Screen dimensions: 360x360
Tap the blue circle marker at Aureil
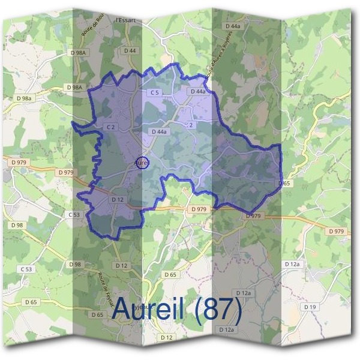coord(142,162)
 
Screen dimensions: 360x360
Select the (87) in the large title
coord(222,310)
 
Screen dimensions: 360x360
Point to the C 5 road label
coord(155,92)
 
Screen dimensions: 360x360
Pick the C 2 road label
coord(110,127)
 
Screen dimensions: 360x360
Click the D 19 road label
coord(310,307)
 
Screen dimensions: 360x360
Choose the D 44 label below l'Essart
coord(130,51)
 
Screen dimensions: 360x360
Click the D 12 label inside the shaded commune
coord(117,199)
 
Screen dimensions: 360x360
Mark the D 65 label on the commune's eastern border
coord(284,183)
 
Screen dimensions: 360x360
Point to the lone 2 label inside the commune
coord(191,125)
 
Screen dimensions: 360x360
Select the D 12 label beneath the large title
coord(167,338)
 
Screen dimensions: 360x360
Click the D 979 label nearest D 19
coord(337,232)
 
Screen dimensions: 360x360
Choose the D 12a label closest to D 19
coord(292,264)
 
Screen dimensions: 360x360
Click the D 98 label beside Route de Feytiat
coord(75,264)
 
